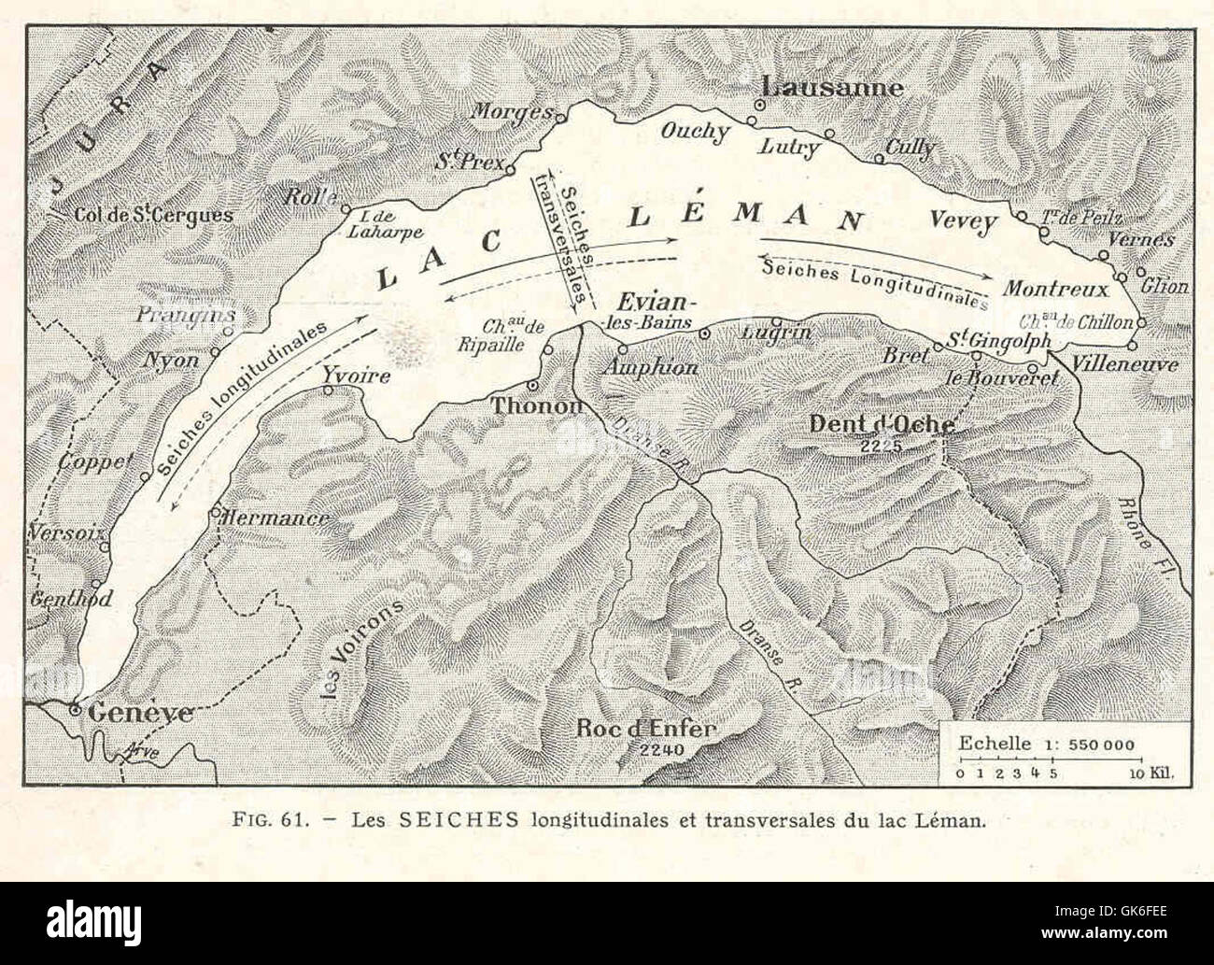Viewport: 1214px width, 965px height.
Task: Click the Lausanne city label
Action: point(832,87)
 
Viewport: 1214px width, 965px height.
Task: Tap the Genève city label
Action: point(140,713)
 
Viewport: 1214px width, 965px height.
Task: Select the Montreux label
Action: point(1055,289)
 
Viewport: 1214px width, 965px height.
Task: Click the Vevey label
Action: point(964,221)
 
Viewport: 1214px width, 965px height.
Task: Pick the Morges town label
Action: point(510,111)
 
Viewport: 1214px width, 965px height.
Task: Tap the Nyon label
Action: point(175,360)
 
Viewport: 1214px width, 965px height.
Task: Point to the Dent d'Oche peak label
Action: point(881,424)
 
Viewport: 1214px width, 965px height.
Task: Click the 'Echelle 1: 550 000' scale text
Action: point(1046,745)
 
